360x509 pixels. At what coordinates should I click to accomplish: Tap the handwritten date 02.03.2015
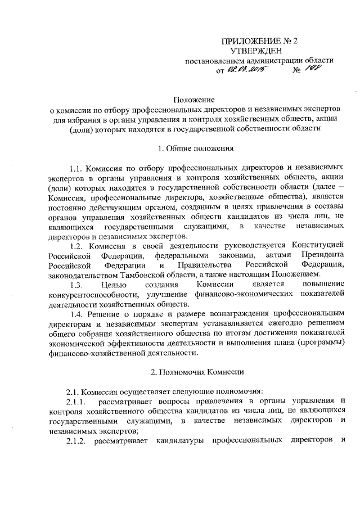coord(246,71)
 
